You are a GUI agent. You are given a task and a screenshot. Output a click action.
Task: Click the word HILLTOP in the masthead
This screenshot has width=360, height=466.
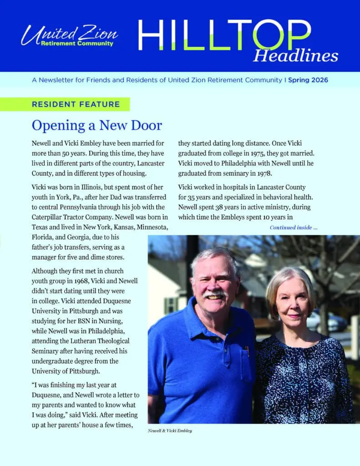point(224,35)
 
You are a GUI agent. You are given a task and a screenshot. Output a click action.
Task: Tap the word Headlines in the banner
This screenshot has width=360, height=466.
point(295,56)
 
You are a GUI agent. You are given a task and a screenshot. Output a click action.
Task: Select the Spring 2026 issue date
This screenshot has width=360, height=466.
point(308,80)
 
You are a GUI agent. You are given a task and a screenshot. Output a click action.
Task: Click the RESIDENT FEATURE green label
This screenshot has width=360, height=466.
point(76,104)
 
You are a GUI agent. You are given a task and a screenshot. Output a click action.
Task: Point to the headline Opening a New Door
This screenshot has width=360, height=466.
point(97,125)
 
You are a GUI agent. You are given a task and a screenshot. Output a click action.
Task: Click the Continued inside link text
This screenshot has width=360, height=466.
point(294,228)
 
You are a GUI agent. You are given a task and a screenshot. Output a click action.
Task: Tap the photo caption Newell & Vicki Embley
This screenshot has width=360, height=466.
point(170,431)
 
